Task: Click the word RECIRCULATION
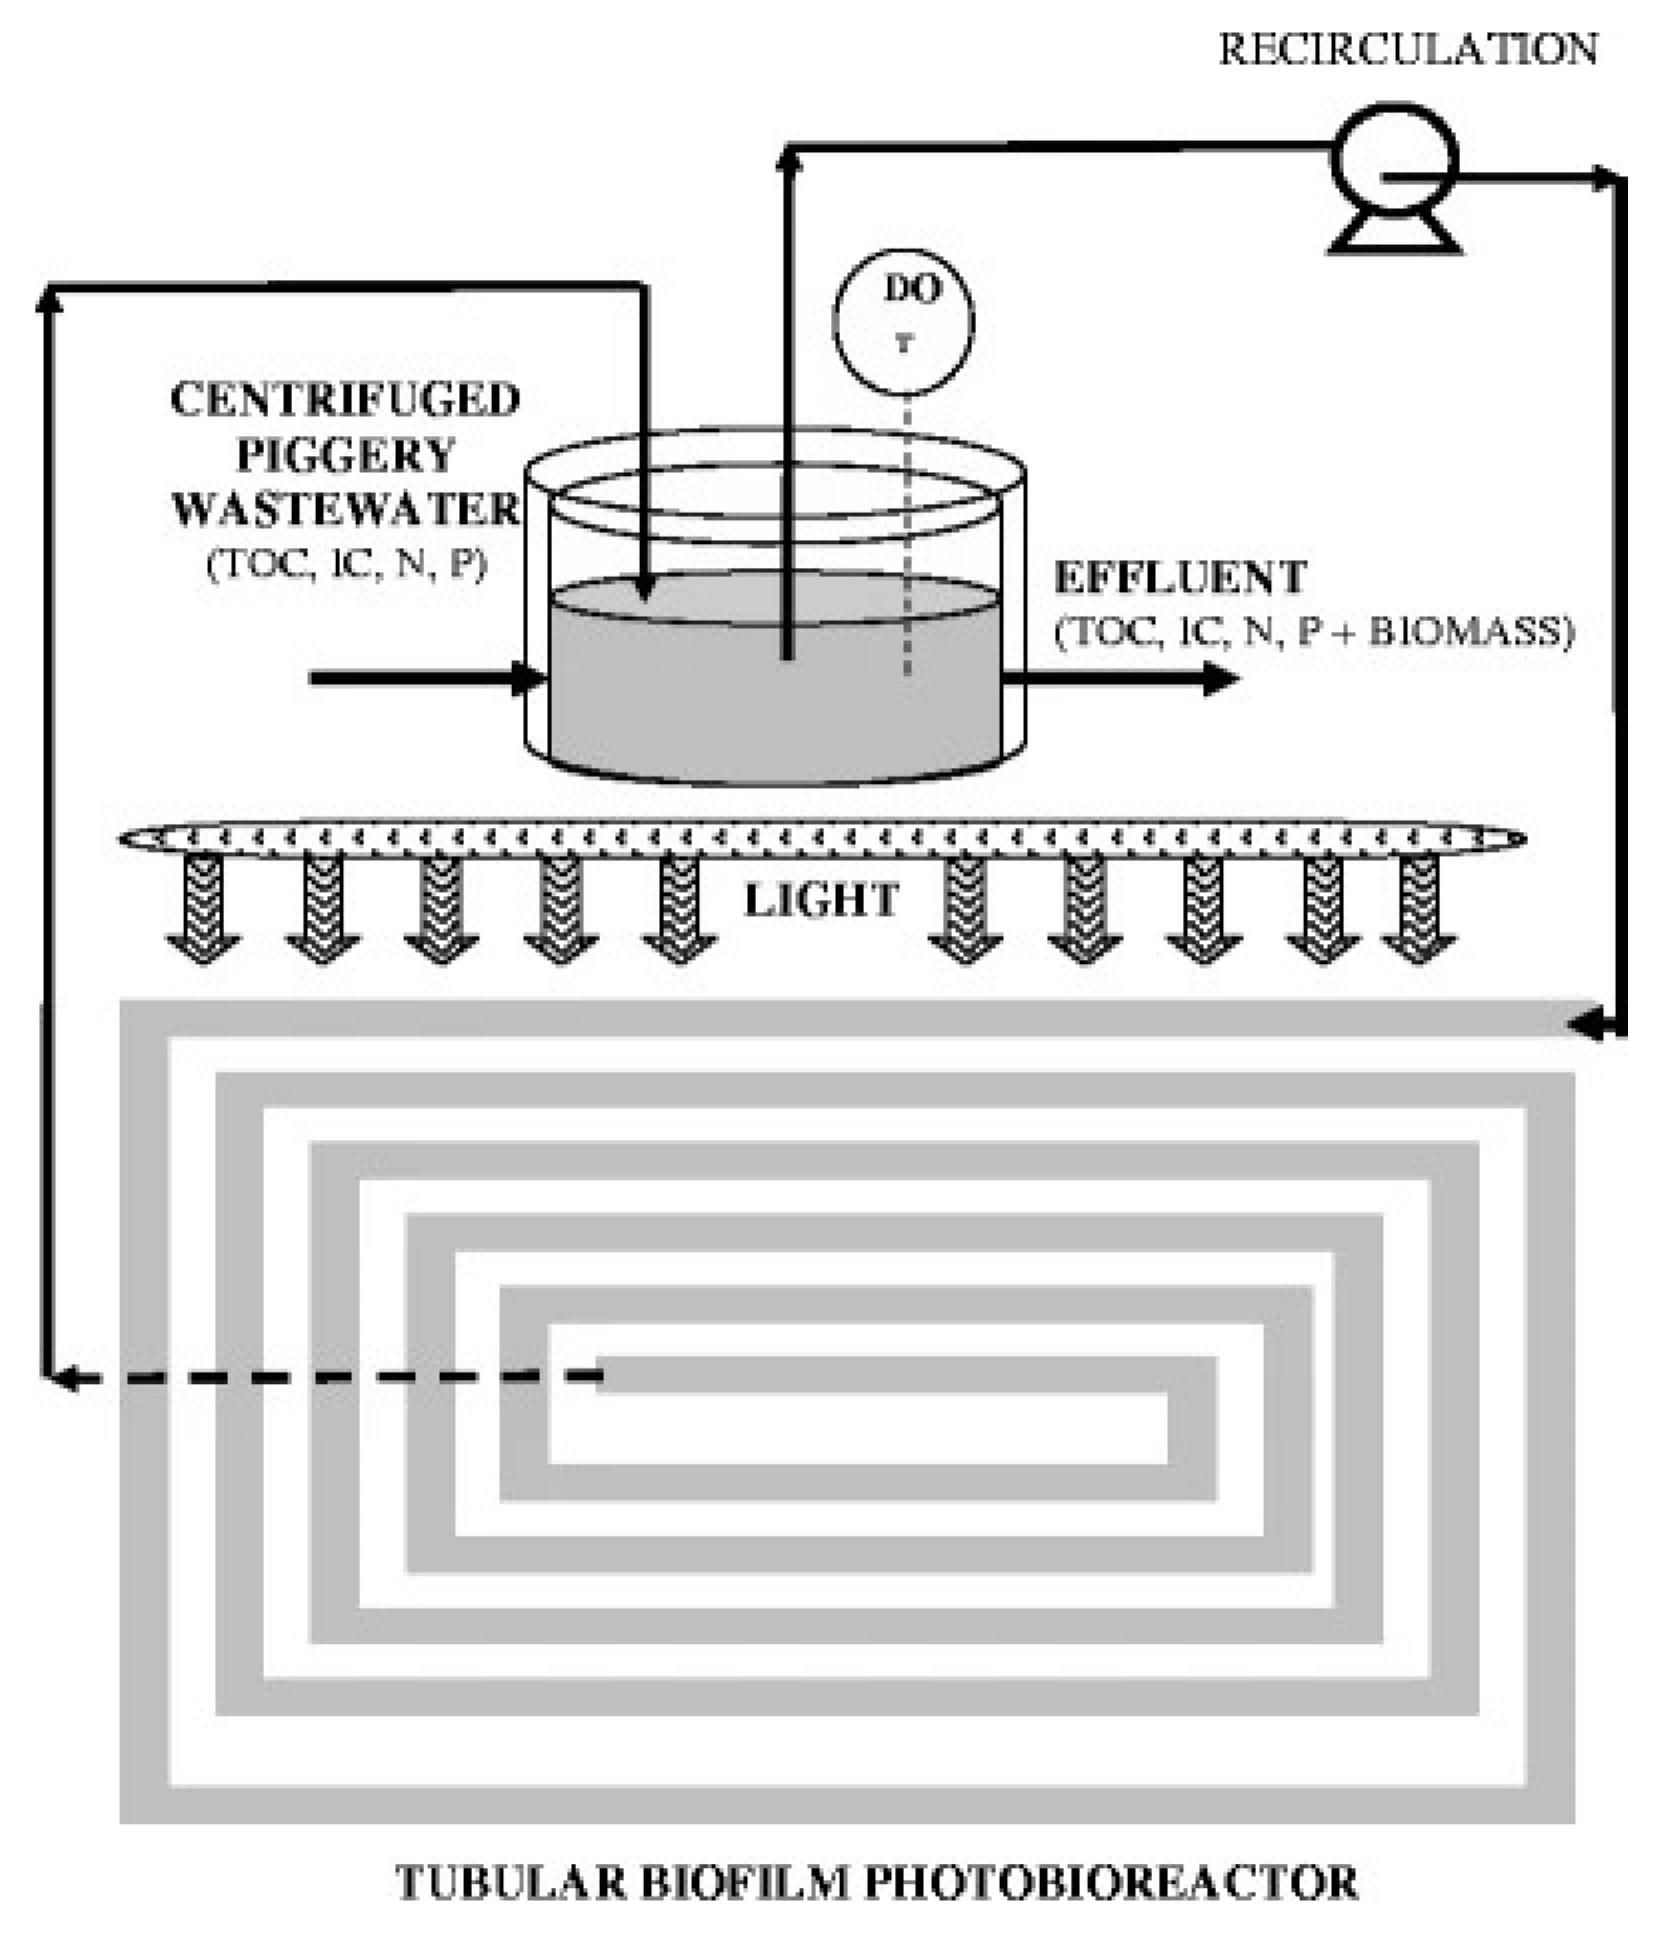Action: point(1407,50)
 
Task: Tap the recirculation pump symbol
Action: point(1394,163)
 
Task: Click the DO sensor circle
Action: point(903,320)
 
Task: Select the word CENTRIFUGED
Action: point(345,400)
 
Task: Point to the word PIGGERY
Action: point(345,454)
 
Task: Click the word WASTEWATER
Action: point(345,509)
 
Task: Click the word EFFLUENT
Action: point(1179,578)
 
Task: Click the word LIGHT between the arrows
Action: point(821,900)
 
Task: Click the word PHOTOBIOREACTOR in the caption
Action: point(1111,1882)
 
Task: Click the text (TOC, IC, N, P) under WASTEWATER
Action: point(346,564)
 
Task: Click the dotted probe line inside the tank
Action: point(907,536)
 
